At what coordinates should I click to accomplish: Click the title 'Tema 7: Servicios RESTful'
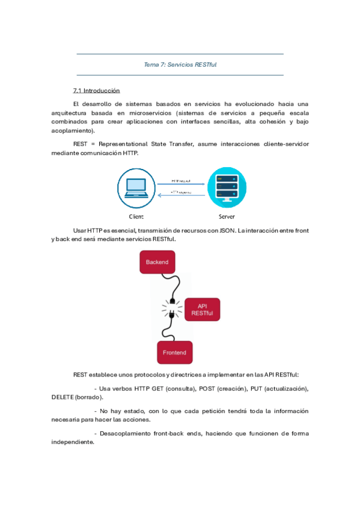(x=180, y=65)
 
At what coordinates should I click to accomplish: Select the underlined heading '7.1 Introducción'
(x=96, y=91)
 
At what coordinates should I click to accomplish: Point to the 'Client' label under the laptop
(x=136, y=217)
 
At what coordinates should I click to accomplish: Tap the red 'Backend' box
(x=157, y=262)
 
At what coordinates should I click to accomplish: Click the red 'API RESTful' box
(x=203, y=310)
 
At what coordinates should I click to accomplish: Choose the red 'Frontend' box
(x=174, y=352)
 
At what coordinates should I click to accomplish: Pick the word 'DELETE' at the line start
(x=63, y=398)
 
